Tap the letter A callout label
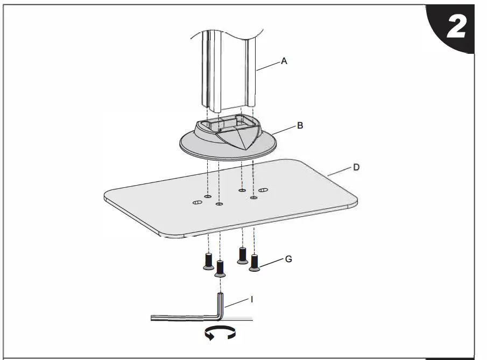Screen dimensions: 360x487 [x=284, y=62]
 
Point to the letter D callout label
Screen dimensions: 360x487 [x=356, y=167]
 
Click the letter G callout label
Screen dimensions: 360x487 [x=288, y=259]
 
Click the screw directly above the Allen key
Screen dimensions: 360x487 [x=220, y=268]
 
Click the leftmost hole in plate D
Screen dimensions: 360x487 [x=197, y=203]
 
